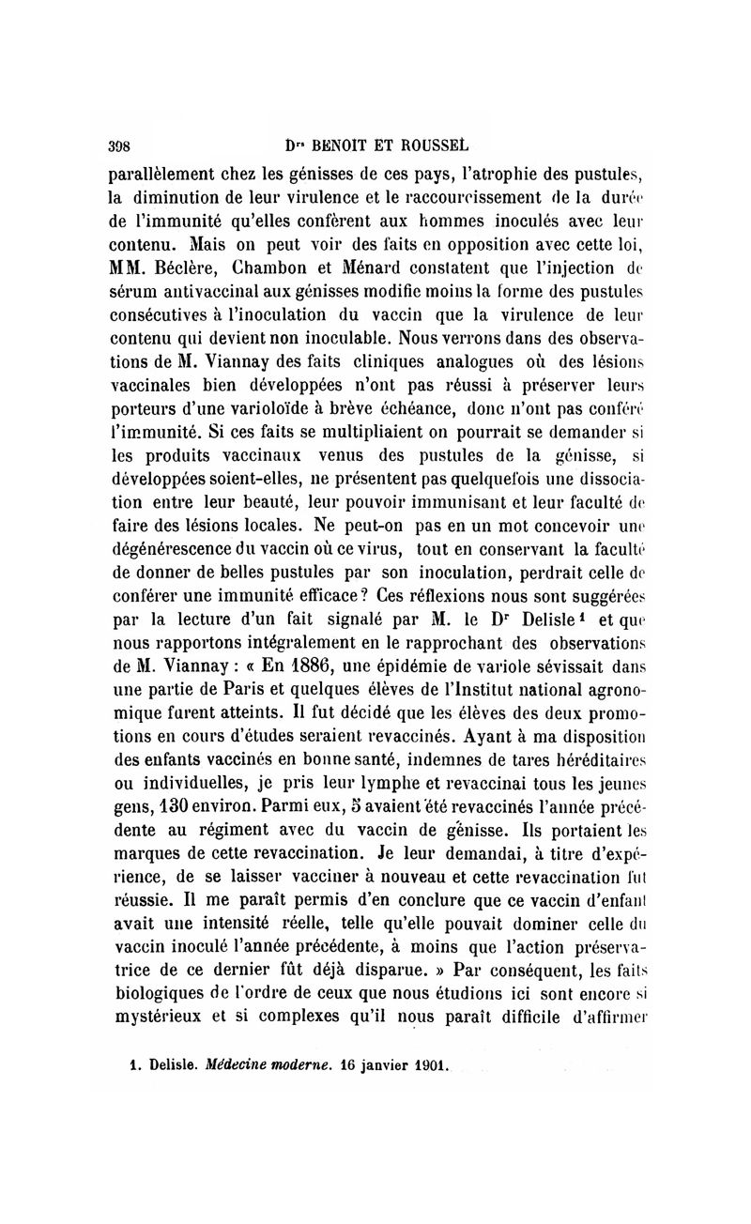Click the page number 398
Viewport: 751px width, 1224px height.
119,145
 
